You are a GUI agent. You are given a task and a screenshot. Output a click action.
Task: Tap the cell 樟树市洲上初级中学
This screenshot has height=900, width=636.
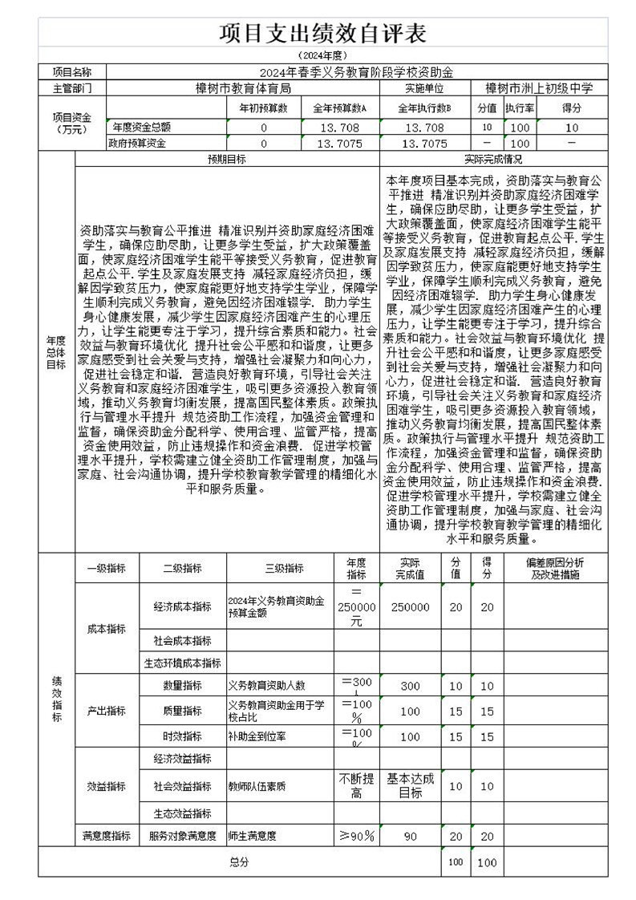pos(539,88)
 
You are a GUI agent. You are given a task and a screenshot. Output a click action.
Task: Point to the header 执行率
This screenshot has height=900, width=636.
pos(520,108)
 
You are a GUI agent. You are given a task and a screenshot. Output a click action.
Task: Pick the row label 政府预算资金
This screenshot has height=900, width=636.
pos(137,144)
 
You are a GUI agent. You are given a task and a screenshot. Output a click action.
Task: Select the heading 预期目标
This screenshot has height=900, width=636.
pos(227,159)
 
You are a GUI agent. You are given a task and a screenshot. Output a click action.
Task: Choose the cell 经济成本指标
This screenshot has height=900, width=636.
pos(182,607)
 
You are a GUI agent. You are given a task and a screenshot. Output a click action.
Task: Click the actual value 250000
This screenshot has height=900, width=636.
pos(410,607)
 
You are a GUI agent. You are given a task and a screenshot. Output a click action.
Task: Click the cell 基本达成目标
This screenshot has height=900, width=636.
pos(410,785)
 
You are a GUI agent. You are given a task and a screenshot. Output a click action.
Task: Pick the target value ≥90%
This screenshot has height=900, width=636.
pos(357,836)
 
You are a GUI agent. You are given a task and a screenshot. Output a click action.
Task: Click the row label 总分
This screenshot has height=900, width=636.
pos(239,862)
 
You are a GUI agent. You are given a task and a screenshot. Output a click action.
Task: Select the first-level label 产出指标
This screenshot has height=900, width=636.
pos(107,711)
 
